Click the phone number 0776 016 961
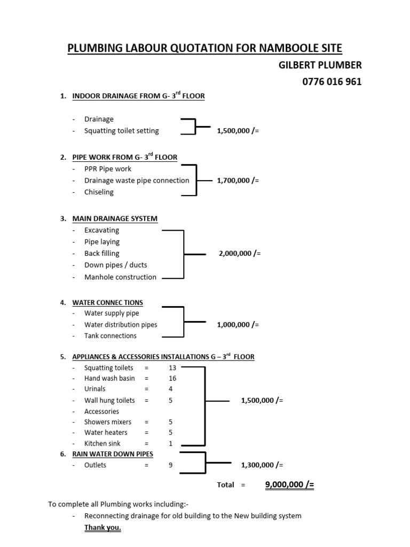[332, 82]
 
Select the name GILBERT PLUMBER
[320, 65]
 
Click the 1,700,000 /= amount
[238, 181]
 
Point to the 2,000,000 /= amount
[240, 253]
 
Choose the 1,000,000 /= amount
[238, 324]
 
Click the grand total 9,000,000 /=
[290, 484]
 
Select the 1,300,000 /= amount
[262, 465]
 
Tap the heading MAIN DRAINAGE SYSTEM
[115, 218]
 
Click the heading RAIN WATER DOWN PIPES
[113, 454]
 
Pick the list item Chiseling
[99, 192]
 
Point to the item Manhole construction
[120, 277]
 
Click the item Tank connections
[111, 335]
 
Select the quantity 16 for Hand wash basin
[172, 378]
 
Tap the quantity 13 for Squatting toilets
[172, 368]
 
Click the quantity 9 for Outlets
[170, 465]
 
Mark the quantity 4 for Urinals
[170, 389]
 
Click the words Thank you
[102, 527]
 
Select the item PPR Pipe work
[108, 169]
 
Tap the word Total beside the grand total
[226, 485]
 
